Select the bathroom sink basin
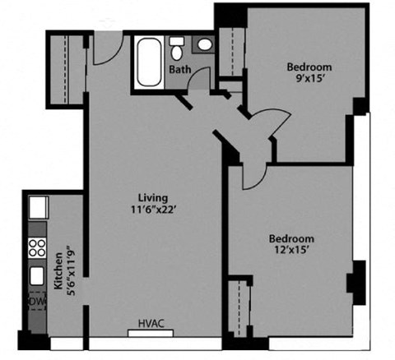pyautogui.click(x=204, y=46)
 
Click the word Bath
pyautogui.click(x=180, y=70)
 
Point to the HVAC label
pyautogui.click(x=151, y=324)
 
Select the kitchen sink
pyautogui.click(x=38, y=275)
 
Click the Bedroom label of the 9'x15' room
pyautogui.click(x=309, y=67)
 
